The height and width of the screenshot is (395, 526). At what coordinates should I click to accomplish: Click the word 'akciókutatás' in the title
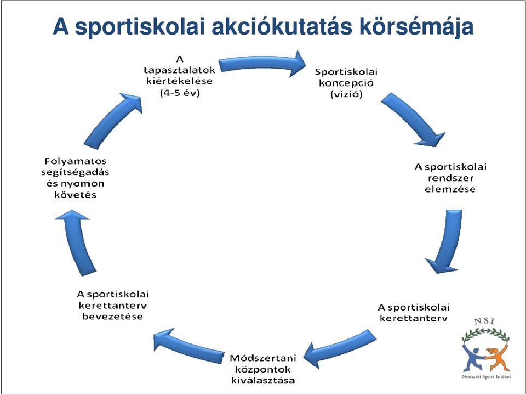point(282,26)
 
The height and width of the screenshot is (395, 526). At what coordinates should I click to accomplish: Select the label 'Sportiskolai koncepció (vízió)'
point(346,83)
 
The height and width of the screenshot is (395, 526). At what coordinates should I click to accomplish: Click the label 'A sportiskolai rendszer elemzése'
point(450,178)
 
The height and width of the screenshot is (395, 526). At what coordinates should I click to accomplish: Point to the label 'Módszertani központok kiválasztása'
point(263,369)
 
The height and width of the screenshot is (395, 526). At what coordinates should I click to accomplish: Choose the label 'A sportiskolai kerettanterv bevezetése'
point(113,306)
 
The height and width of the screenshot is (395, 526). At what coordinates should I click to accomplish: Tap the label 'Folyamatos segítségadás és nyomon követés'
point(76,178)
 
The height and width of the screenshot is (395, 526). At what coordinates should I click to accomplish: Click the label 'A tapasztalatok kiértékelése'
point(180,70)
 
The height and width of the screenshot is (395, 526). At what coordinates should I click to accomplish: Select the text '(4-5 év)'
point(180,93)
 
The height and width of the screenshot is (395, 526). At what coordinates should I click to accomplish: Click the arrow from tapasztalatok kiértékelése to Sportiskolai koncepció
point(262,63)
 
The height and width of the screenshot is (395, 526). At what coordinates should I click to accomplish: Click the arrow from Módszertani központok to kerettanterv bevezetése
point(188,346)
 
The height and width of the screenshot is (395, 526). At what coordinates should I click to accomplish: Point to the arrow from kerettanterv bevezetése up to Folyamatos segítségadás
point(78,242)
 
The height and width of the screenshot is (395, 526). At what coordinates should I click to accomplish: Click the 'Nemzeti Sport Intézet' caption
point(487,377)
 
